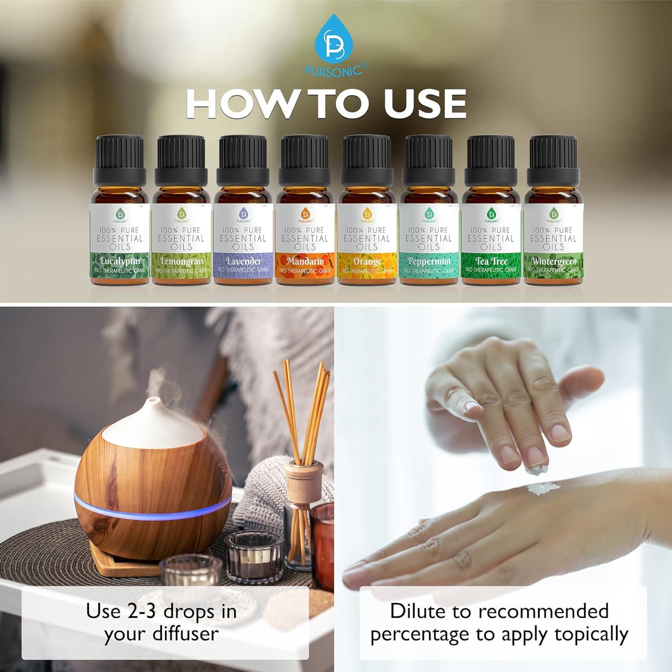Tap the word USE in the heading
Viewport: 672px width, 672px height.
coord(425,104)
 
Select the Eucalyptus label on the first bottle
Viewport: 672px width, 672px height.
coord(121,261)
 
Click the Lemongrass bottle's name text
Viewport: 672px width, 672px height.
coord(181,261)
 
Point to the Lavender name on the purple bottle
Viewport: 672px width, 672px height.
coord(243,261)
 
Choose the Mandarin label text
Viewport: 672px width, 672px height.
coord(305,261)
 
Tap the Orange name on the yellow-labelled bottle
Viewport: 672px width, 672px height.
coord(367,261)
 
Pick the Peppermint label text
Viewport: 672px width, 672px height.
coord(429,261)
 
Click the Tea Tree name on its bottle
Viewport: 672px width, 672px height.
coord(491,261)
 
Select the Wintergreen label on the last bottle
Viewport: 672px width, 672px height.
coord(553,261)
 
